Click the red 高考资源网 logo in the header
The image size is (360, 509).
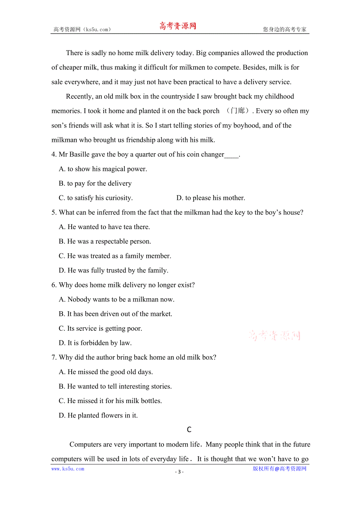pos(177,26)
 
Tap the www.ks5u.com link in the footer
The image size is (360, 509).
pos(68,469)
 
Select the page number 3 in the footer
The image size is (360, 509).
pos(179,472)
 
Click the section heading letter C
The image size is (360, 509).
pos(189,430)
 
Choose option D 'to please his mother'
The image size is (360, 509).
pos(211,198)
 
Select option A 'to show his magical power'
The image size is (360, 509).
pos(103,169)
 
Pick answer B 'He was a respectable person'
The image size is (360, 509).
pos(105,241)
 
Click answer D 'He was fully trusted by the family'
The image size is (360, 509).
pos(113,270)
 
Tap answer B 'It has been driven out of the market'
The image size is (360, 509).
pos(115,314)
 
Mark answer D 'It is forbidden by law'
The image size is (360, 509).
pos(95,343)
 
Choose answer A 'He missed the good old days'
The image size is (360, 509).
pos(106,372)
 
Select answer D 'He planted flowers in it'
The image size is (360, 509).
pos(98,415)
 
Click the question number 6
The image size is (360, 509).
pos(54,285)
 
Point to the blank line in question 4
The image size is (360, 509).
pos(231,155)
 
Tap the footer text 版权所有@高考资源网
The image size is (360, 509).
pos(279,469)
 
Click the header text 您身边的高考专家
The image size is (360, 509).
pos(284,29)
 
